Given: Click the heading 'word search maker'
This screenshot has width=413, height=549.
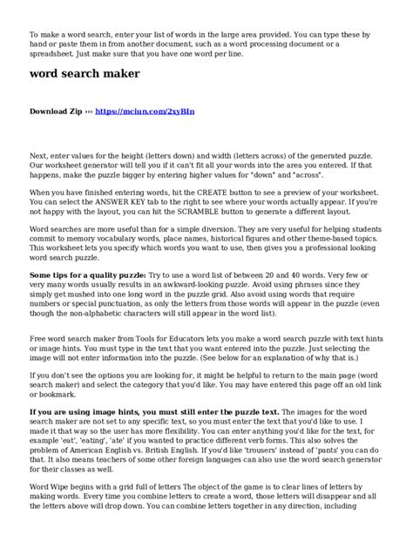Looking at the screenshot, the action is click(x=85, y=74).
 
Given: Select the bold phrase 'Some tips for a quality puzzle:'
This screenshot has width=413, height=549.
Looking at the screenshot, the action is click(x=88, y=274).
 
